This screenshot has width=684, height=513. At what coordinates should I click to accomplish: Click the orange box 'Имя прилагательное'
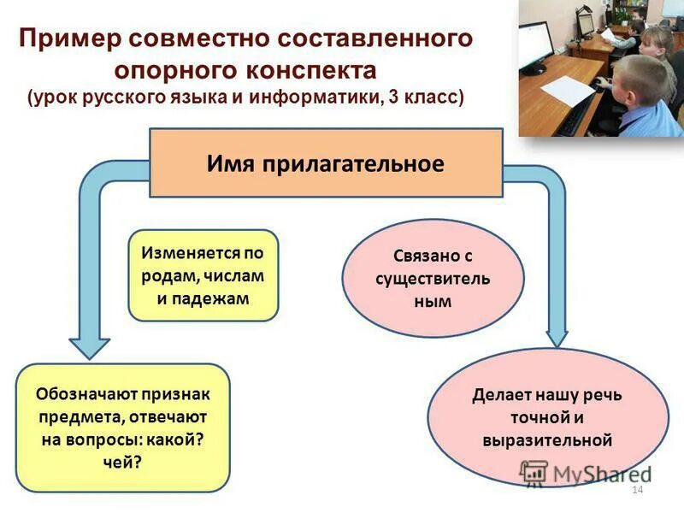click(326, 163)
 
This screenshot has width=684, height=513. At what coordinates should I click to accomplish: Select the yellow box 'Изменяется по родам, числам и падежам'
click(203, 275)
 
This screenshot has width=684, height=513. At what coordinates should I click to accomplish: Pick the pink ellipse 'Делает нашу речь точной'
click(547, 418)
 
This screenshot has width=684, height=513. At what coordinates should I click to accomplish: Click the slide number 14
click(635, 489)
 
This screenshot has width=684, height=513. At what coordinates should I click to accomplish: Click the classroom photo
click(600, 68)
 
